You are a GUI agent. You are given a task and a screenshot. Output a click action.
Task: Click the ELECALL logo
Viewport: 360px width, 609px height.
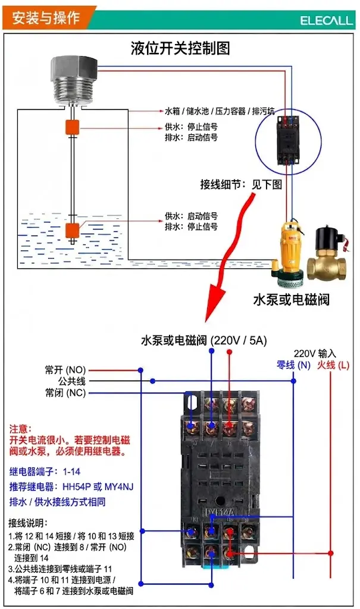pyautogui.click(x=326, y=20)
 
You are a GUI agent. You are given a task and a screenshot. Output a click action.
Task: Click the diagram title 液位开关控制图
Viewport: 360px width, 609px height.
pyautogui.click(x=180, y=48)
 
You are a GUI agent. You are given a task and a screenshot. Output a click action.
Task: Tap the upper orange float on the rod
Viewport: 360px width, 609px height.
pyautogui.click(x=73, y=127)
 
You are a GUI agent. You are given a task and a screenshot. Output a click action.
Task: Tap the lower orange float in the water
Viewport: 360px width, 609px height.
pyautogui.click(x=73, y=230)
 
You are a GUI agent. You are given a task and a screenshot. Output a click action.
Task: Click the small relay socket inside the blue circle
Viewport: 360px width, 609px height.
pyautogui.click(x=288, y=140)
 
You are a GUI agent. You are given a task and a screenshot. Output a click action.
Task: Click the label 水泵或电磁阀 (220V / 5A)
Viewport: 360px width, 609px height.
pyautogui.click(x=204, y=341)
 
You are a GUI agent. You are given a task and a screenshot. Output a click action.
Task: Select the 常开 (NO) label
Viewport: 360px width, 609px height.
pyautogui.click(x=65, y=370)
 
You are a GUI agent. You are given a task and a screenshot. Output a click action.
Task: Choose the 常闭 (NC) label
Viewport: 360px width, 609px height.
pyautogui.click(x=65, y=393)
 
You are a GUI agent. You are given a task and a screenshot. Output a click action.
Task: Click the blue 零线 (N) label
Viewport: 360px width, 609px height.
pyautogui.click(x=293, y=365)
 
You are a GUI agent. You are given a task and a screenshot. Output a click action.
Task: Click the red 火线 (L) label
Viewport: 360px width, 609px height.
pyautogui.click(x=333, y=365)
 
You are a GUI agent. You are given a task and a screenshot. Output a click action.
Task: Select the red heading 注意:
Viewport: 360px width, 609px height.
pyautogui.click(x=21, y=429)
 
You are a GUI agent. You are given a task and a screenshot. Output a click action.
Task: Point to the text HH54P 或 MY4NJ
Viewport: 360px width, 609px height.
pyautogui.click(x=98, y=486)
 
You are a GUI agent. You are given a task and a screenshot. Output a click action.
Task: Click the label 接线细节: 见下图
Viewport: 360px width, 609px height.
pyautogui.click(x=241, y=184)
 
